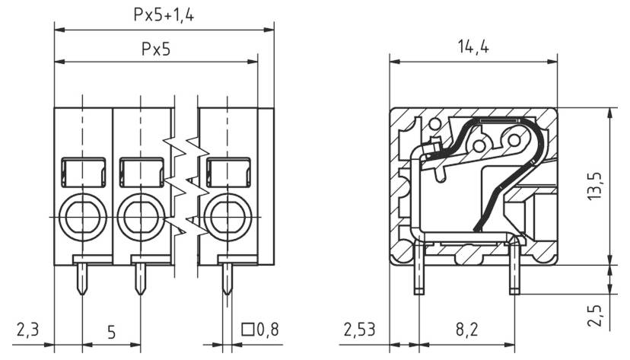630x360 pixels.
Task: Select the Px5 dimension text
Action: click(156, 49)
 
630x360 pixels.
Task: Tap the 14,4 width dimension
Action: click(473, 46)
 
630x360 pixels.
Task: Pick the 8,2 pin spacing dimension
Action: click(467, 331)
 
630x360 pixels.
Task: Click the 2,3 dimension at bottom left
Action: click(27, 331)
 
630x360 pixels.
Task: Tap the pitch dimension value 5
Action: click(111, 332)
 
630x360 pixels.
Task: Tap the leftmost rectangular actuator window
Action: click(82, 172)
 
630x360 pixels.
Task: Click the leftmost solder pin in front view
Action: click(81, 278)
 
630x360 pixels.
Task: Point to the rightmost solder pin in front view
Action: click(226, 278)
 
